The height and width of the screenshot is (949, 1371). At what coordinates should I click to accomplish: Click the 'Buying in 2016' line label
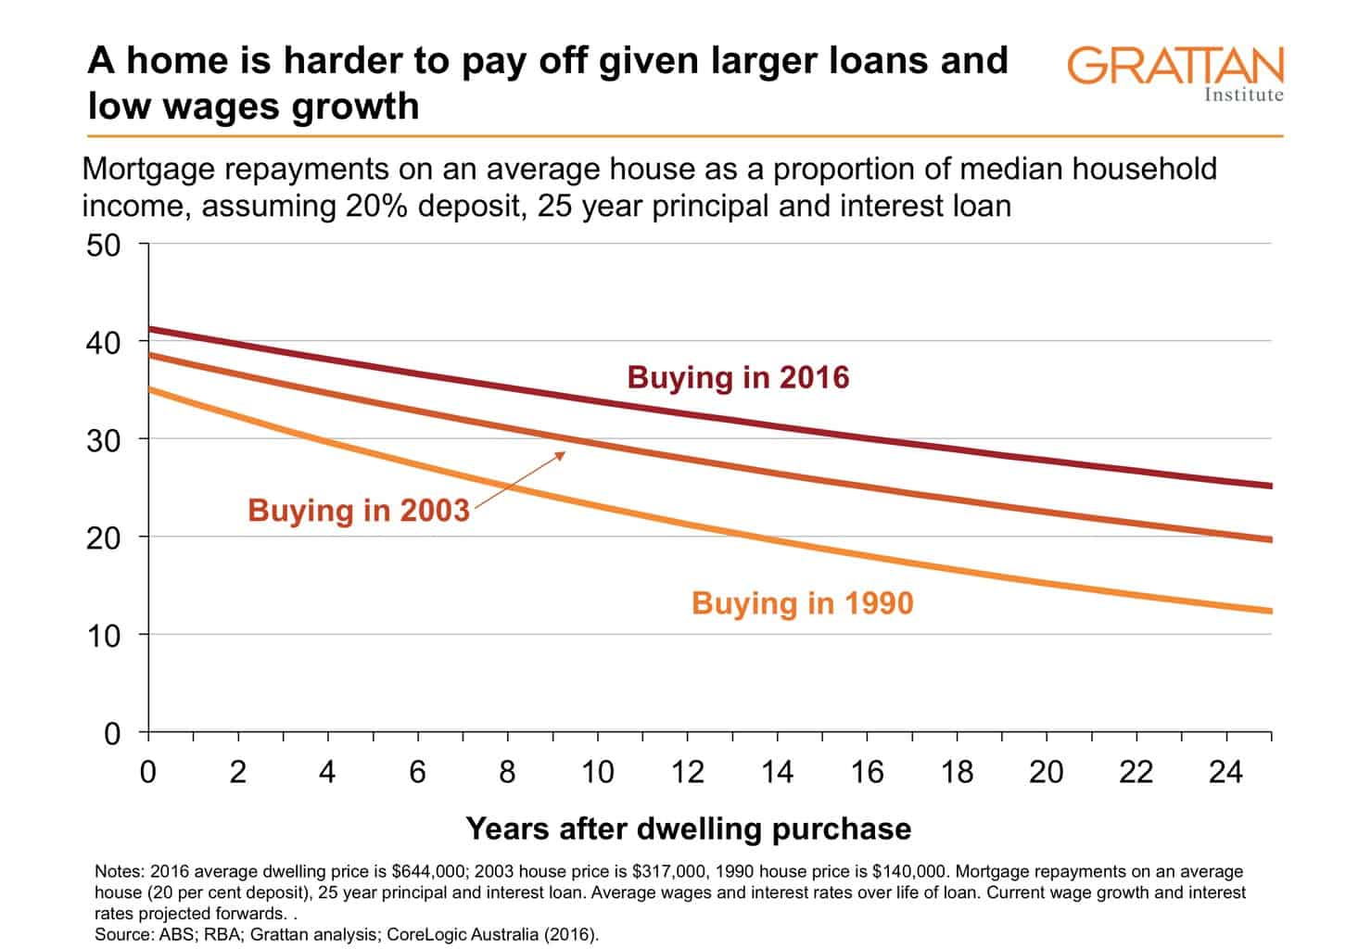738,378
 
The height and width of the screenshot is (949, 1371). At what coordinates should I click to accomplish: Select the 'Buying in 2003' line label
359,511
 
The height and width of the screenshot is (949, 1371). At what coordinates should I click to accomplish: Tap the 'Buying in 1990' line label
802,603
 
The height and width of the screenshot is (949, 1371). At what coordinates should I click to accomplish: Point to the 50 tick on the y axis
103,246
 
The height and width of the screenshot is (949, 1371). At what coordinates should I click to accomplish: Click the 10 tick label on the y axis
103,636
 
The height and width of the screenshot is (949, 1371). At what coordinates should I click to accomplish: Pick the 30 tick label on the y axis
103,440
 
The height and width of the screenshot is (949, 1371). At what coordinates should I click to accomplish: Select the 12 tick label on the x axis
687,771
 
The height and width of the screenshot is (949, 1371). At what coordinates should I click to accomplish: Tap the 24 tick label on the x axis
1225,771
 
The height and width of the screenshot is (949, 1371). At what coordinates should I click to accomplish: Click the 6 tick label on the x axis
417,771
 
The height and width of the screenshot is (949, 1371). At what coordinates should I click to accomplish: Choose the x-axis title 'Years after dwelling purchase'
688,828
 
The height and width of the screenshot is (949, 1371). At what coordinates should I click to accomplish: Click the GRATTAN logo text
1174,66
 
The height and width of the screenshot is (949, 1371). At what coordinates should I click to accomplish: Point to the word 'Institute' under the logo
1243,95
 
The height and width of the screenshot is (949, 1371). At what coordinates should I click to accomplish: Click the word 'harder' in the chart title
351,60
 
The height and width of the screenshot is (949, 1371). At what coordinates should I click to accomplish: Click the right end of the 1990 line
1269,611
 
